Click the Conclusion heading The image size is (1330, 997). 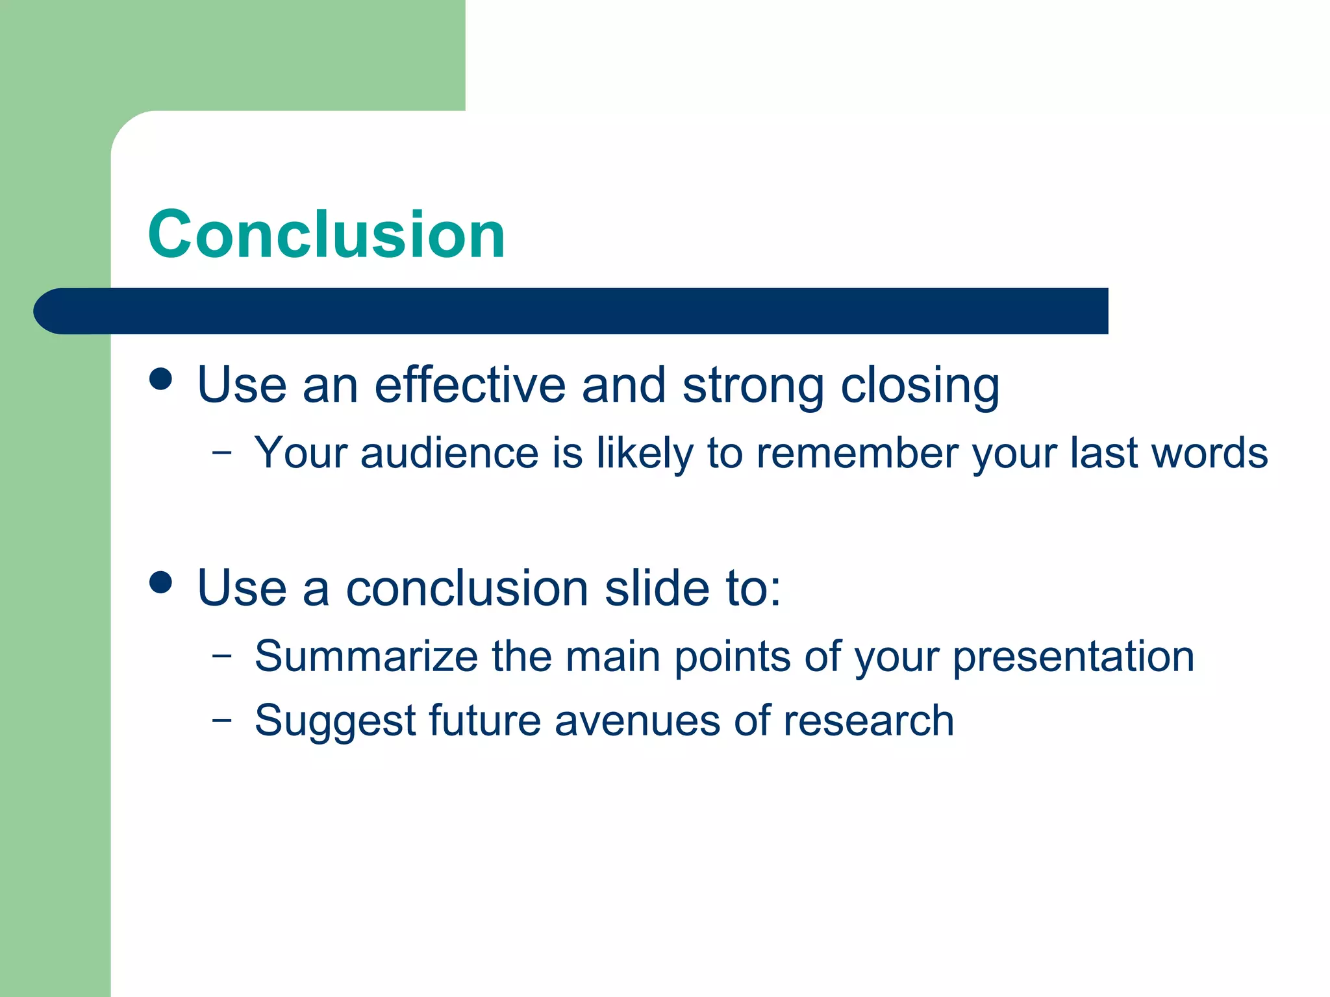point(326,235)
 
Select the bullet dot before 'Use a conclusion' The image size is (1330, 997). point(160,582)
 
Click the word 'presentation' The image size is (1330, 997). point(1073,658)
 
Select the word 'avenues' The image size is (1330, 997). point(637,721)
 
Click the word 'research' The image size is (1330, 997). point(868,721)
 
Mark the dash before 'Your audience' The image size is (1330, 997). point(221,452)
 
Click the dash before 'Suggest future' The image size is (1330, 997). point(221,720)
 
